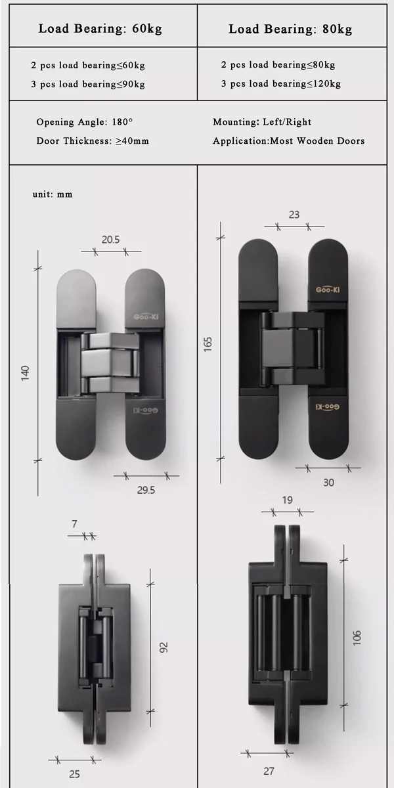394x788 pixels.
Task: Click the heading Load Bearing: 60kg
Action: pos(100,28)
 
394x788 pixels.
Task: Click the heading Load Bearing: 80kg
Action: pos(290,29)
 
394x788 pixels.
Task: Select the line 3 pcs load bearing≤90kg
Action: pos(88,85)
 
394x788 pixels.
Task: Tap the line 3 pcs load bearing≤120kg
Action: pos(281,84)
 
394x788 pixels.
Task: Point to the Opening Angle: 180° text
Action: pos(85,122)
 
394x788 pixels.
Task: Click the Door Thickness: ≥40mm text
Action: pos(93,141)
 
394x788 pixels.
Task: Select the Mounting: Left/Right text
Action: pos(262,122)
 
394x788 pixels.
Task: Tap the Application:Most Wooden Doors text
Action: pos(288,141)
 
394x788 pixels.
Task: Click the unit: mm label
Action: pos(53,194)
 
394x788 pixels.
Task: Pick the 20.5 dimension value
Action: pos(110,240)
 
